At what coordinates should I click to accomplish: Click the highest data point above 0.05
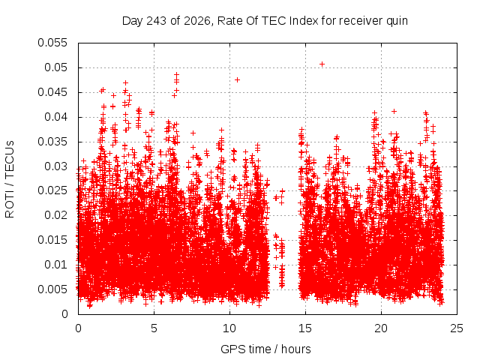click(x=322, y=64)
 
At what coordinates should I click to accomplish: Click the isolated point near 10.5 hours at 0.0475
click(x=237, y=80)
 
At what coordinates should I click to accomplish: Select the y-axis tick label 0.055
click(x=52, y=43)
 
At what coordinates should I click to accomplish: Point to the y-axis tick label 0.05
click(x=55, y=67)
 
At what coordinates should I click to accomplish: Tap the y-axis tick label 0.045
click(x=52, y=92)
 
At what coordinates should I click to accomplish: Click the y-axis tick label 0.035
click(x=52, y=142)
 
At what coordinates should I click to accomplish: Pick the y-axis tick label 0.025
click(x=52, y=190)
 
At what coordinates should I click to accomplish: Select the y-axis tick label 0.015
click(x=52, y=240)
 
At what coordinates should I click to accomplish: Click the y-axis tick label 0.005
click(x=52, y=289)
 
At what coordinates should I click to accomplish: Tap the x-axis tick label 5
click(x=154, y=328)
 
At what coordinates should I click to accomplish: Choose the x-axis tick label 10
click(x=229, y=328)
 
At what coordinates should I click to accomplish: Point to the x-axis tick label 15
click(x=305, y=328)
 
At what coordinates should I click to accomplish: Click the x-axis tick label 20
click(x=381, y=328)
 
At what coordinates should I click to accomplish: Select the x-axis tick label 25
click(x=457, y=328)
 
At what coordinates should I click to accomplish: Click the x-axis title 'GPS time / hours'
click(x=265, y=349)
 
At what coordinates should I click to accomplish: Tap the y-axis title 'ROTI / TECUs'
click(x=10, y=179)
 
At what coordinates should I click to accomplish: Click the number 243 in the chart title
click(x=157, y=21)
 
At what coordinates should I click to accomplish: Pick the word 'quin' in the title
click(x=397, y=21)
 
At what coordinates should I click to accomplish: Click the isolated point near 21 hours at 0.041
click(x=394, y=112)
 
